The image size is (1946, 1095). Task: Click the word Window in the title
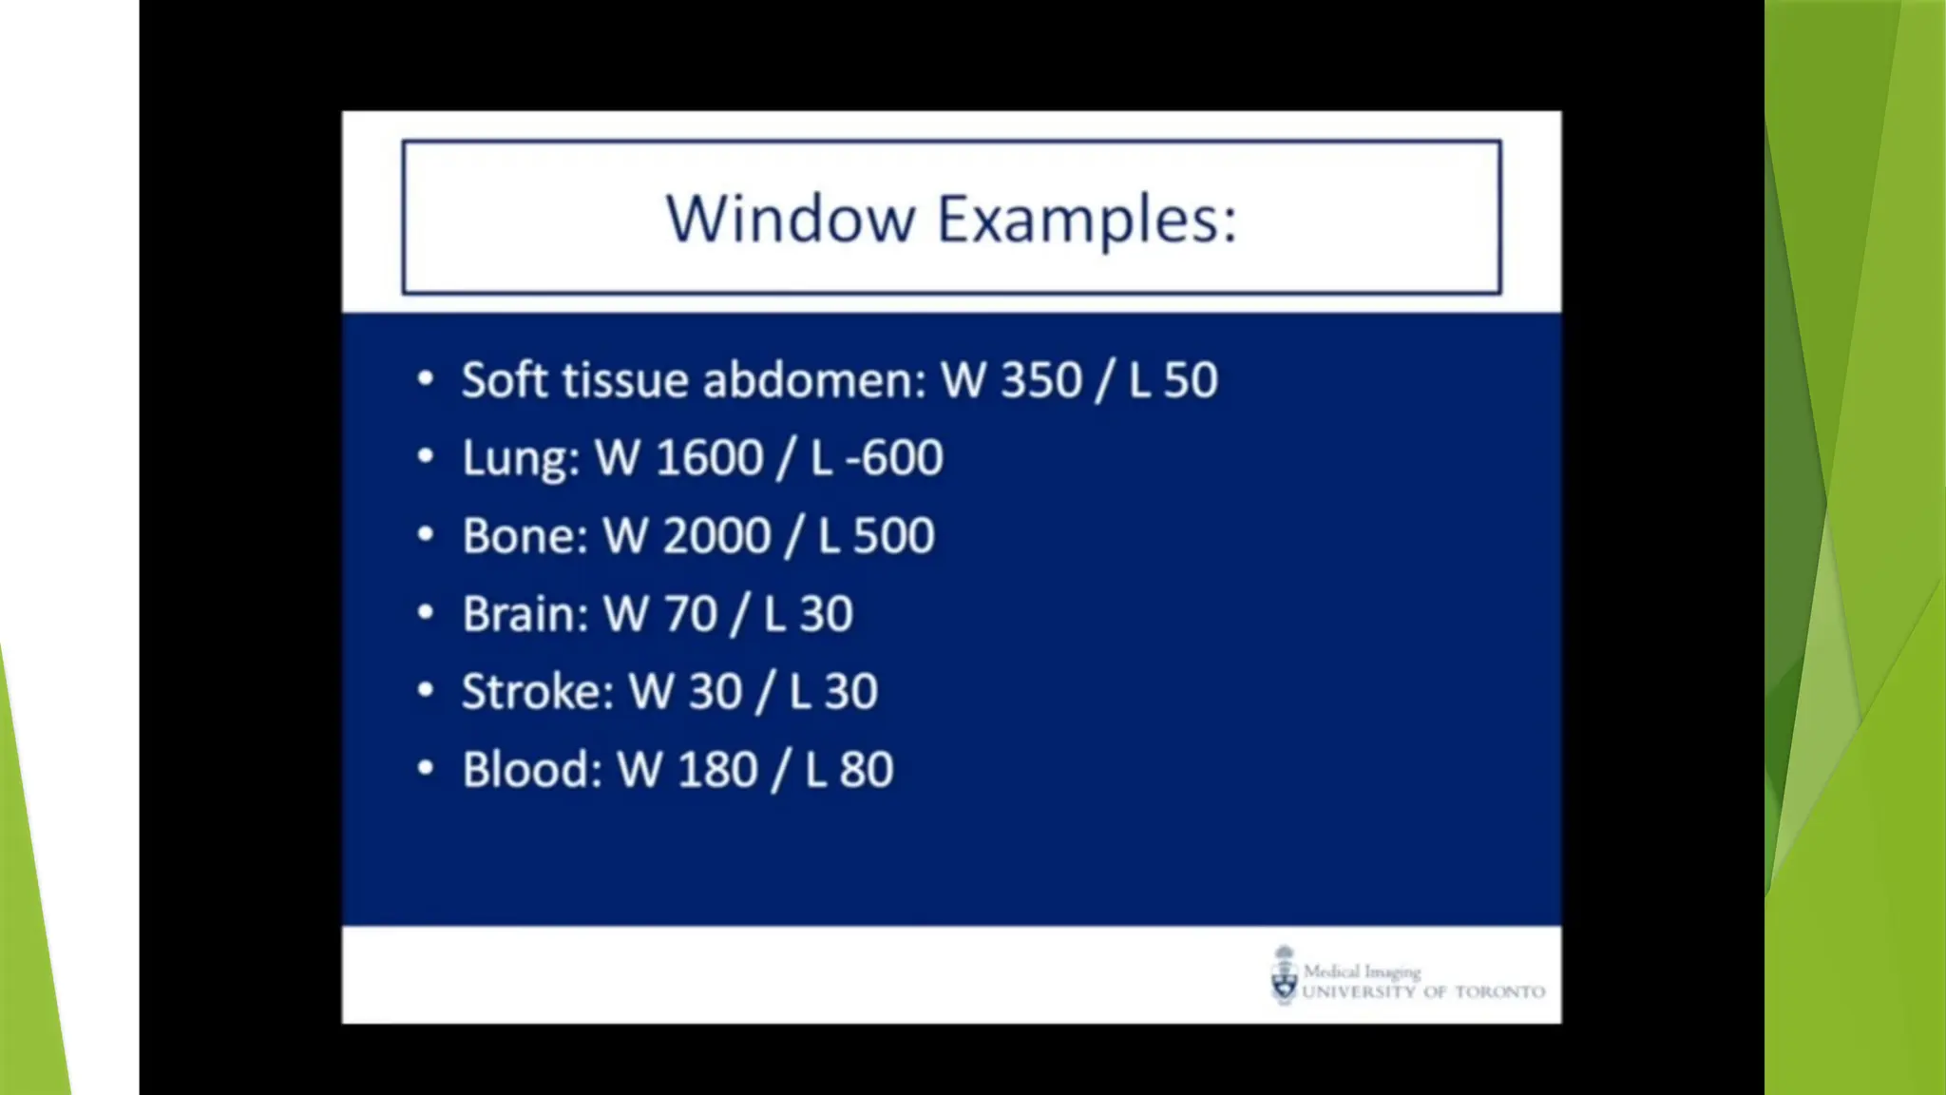click(x=790, y=220)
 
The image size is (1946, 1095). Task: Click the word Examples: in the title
click(x=1087, y=220)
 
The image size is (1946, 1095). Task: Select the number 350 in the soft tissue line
click(x=1041, y=380)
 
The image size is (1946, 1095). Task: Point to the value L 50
click(x=1173, y=380)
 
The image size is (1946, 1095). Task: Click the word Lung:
click(x=521, y=458)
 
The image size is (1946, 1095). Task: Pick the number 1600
click(x=709, y=458)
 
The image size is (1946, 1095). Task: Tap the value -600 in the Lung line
click(x=894, y=458)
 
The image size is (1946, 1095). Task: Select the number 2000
click(x=716, y=536)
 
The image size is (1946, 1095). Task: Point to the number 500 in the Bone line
click(x=894, y=536)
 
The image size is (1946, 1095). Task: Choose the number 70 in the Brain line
click(x=690, y=614)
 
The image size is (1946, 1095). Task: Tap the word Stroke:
click(x=538, y=692)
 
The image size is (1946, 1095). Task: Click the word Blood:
click(x=532, y=770)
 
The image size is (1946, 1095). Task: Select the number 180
click(x=717, y=770)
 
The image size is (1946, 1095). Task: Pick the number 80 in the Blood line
click(x=866, y=770)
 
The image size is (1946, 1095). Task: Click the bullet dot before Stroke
click(x=426, y=690)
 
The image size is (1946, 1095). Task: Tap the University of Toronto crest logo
click(x=1284, y=975)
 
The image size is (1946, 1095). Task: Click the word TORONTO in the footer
click(x=1499, y=992)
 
